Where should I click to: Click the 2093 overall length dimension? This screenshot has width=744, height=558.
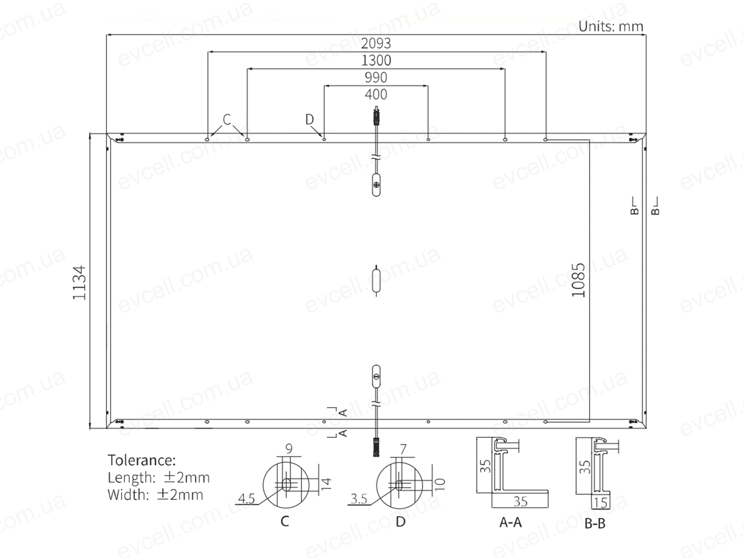pyautogui.click(x=376, y=43)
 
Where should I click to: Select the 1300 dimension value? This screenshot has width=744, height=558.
pyautogui.click(x=376, y=60)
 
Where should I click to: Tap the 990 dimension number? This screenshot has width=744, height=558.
pyautogui.click(x=376, y=77)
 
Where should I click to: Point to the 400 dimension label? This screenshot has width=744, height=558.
pyautogui.click(x=376, y=94)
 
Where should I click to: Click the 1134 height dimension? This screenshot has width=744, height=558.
pyautogui.click(x=79, y=283)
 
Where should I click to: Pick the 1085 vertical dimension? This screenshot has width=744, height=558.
pyautogui.click(x=578, y=280)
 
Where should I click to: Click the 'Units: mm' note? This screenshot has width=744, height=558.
pyautogui.click(x=610, y=26)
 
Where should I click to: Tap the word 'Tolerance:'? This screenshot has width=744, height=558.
pyautogui.click(x=141, y=460)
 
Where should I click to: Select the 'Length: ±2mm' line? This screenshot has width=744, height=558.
pyautogui.click(x=158, y=477)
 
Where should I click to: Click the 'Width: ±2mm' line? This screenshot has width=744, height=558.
pyautogui.click(x=155, y=494)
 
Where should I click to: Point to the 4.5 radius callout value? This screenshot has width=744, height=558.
pyautogui.click(x=246, y=499)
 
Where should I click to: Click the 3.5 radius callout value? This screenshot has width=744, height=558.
pyautogui.click(x=358, y=499)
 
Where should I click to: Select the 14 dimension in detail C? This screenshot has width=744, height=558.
pyautogui.click(x=326, y=483)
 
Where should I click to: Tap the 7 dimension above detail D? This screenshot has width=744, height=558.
pyautogui.click(x=403, y=449)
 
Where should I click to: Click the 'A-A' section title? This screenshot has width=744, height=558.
pyautogui.click(x=510, y=522)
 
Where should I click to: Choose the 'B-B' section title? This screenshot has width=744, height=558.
pyautogui.click(x=595, y=524)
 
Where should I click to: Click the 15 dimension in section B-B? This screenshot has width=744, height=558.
pyautogui.click(x=600, y=503)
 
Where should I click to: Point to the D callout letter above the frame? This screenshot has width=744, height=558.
pyautogui.click(x=309, y=119)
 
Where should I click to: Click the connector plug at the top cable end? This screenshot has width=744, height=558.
pyautogui.click(x=376, y=115)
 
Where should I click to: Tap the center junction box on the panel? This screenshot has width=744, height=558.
pyautogui.click(x=376, y=281)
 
